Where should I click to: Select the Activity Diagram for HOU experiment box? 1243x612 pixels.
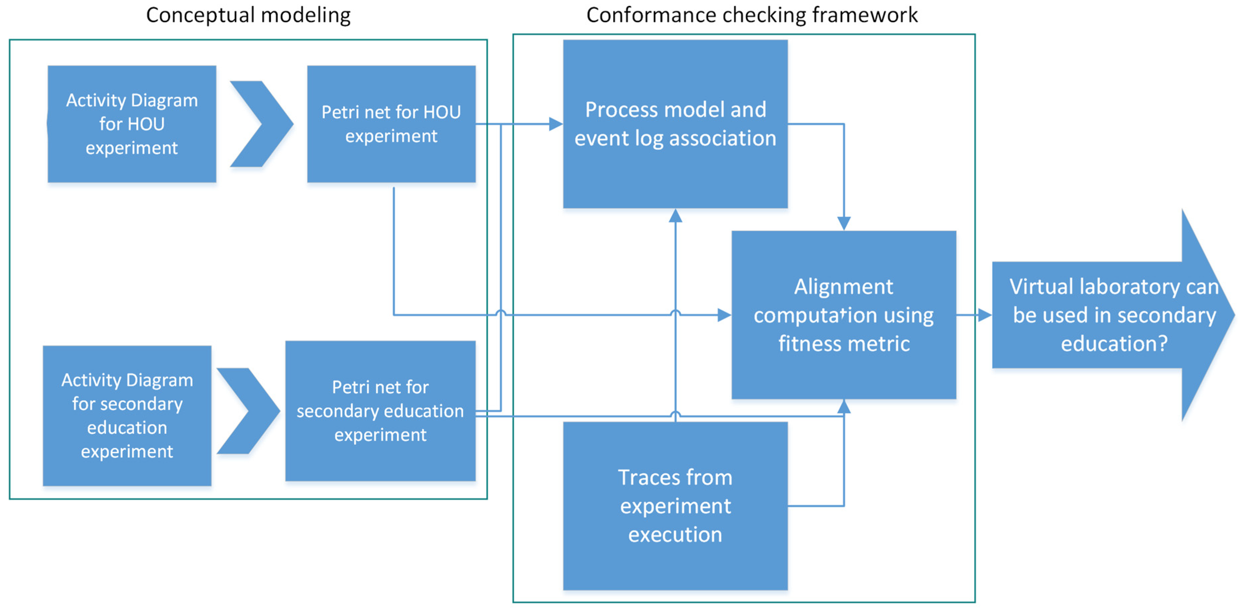click(x=132, y=124)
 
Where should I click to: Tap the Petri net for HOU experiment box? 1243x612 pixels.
click(x=391, y=124)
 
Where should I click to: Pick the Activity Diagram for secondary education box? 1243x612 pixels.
click(x=127, y=415)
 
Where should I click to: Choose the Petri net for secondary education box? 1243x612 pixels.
click(x=380, y=411)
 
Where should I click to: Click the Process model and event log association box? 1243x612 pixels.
click(x=675, y=124)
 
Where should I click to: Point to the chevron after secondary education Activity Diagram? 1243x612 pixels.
click(x=248, y=411)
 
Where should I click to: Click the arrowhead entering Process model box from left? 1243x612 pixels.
click(x=556, y=124)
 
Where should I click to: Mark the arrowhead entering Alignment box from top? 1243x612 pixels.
click(x=843, y=223)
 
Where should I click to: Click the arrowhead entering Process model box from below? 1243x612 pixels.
click(x=675, y=216)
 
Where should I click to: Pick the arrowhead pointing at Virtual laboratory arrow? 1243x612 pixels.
click(x=984, y=315)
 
